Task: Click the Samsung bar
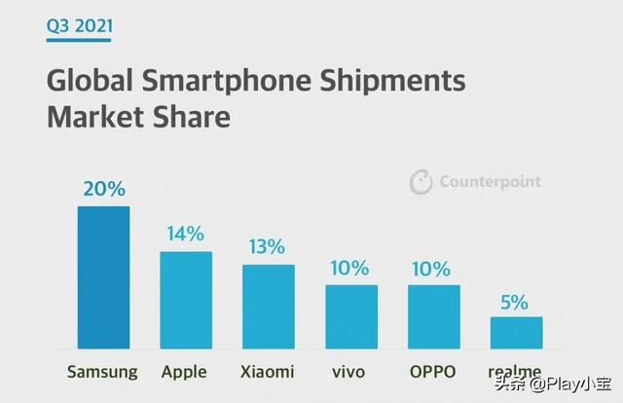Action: pos(103,277)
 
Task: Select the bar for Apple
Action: pos(186,300)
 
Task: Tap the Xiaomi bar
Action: pos(269,307)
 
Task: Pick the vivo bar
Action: pos(350,316)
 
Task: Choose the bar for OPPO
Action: pos(433,316)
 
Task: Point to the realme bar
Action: pos(516,333)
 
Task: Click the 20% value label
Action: pos(103,189)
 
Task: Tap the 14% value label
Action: pos(185,234)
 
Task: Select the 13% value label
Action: pos(268,246)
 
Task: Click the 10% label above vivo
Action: pos(350,268)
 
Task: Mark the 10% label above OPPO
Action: pos(433,268)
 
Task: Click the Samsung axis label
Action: pos(103,372)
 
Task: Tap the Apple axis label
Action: pos(186,373)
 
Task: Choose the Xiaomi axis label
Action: pos(269,372)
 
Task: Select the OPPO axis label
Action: pos(433,372)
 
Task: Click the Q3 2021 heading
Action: pos(79,25)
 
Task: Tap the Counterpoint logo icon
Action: pos(421,182)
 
